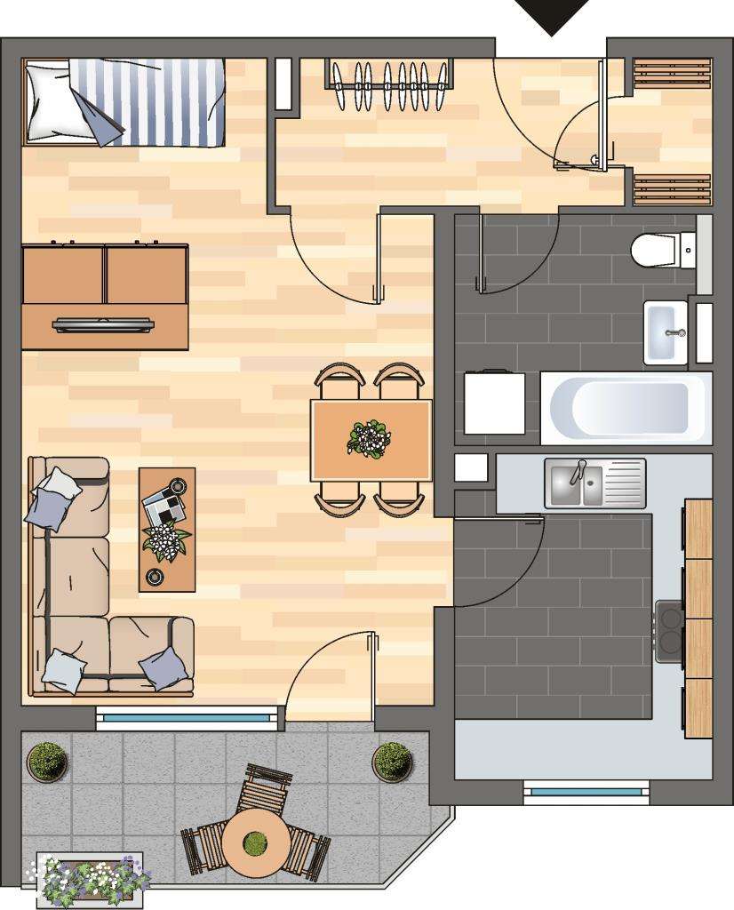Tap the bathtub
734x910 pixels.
pyautogui.click(x=626, y=408)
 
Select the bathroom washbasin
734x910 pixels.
pyautogui.click(x=666, y=332)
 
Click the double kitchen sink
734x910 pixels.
pyautogui.click(x=594, y=483)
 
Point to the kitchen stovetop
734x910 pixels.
pyautogui.click(x=669, y=631)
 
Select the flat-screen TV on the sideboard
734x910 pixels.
pyautogui.click(x=104, y=324)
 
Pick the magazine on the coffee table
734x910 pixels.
pyautogui.click(x=165, y=507)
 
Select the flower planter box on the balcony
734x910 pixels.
pyautogui.click(x=92, y=877)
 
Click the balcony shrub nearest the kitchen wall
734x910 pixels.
pyautogui.click(x=392, y=762)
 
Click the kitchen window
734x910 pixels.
pyautogui.click(x=585, y=790)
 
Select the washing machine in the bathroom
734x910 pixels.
pyautogui.click(x=494, y=403)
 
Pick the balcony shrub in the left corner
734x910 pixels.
pyautogui.click(x=47, y=762)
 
